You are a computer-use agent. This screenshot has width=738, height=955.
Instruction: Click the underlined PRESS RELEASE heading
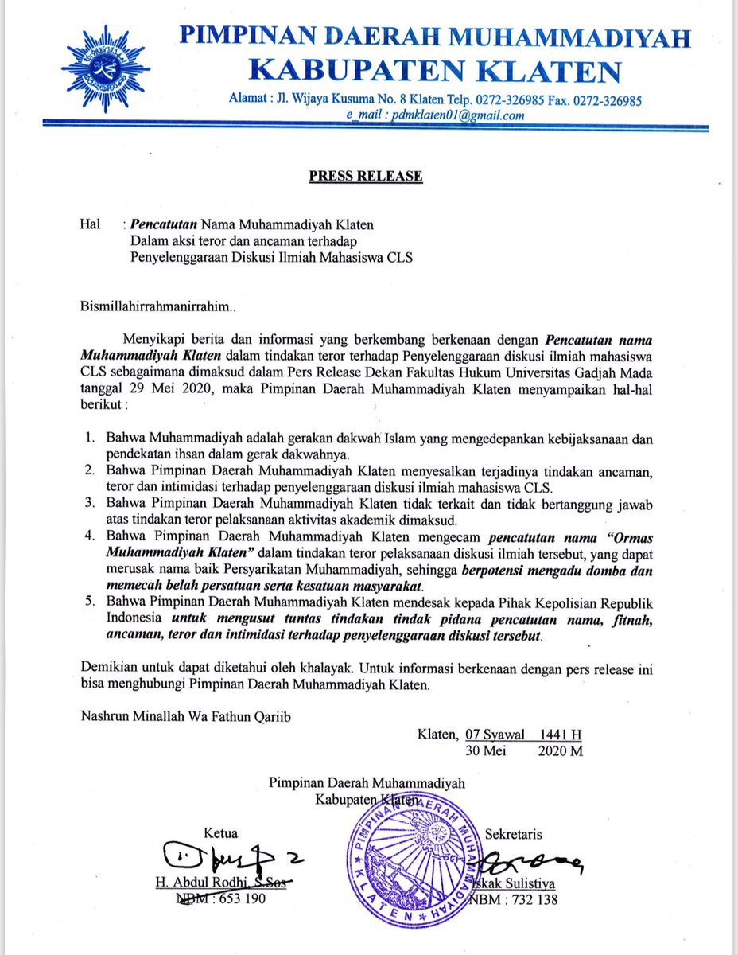tap(365, 176)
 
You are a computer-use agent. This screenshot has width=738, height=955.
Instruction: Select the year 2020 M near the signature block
tap(560, 750)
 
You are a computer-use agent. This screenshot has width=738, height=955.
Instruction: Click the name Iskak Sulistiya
tap(517, 883)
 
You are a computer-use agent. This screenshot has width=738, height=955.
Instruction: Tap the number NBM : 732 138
tap(516, 899)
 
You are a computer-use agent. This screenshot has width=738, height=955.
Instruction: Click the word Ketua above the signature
tap(222, 834)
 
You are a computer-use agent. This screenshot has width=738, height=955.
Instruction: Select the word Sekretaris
tap(519, 835)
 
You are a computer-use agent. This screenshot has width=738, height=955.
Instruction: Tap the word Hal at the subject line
tap(91, 225)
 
